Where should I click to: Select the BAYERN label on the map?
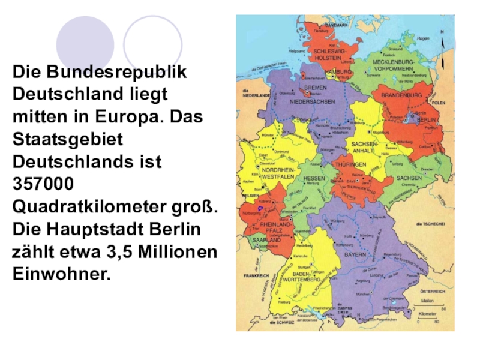(355, 254)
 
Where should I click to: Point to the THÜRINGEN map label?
(351, 164)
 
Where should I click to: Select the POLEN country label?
(439, 103)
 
